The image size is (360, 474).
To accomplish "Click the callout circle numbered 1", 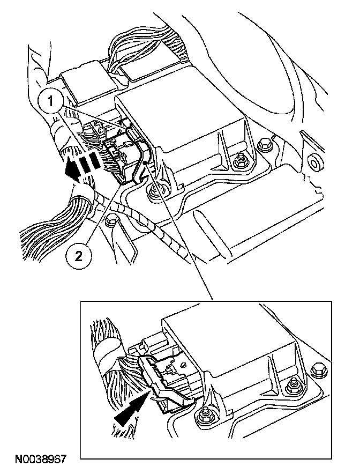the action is tap(51, 101).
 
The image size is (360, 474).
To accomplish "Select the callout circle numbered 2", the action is tap(78, 256).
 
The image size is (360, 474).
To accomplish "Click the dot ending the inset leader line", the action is tap(146, 163).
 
